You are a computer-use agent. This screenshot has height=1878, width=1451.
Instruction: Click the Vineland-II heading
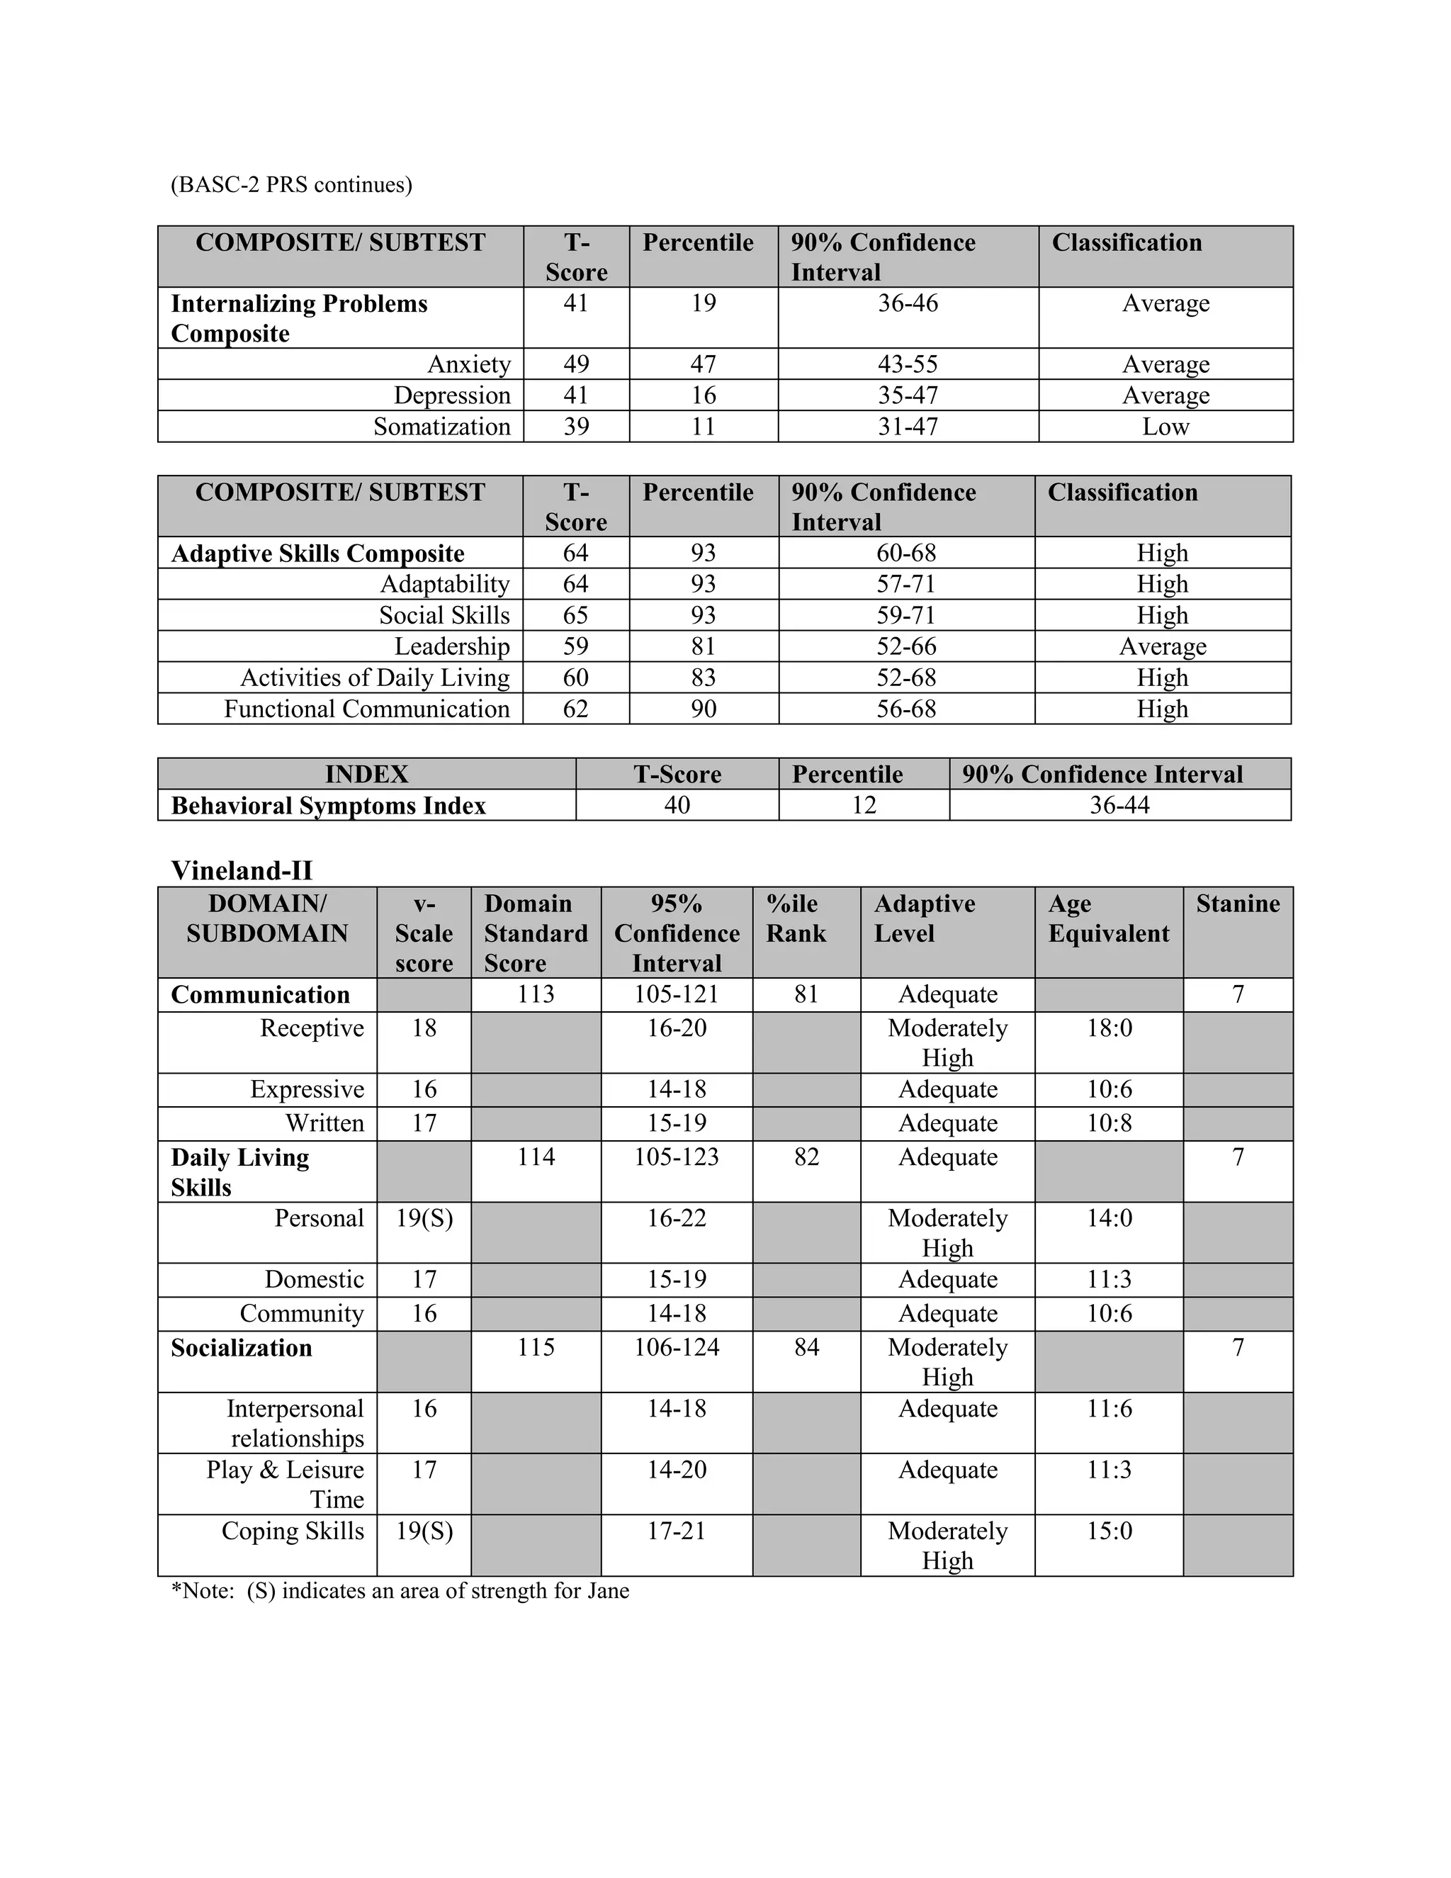(x=242, y=870)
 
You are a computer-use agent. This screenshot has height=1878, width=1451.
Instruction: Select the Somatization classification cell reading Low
(x=1165, y=427)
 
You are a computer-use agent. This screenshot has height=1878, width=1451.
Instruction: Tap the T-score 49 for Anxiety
(x=575, y=364)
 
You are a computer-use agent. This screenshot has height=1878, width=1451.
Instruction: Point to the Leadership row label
(x=451, y=646)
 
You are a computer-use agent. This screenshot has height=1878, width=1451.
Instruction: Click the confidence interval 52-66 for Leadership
(x=906, y=646)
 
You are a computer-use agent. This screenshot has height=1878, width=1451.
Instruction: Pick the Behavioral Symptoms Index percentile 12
(x=863, y=805)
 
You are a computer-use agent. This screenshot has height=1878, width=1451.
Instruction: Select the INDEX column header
(x=366, y=774)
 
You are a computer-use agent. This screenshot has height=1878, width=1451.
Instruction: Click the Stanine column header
(x=1237, y=904)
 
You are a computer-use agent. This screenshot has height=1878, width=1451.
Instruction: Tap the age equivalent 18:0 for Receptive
(x=1109, y=1028)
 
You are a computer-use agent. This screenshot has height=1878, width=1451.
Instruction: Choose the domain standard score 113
(x=536, y=994)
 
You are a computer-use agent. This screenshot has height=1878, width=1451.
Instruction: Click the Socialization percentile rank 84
(x=806, y=1346)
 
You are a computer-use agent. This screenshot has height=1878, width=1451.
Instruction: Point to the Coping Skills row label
(x=293, y=1531)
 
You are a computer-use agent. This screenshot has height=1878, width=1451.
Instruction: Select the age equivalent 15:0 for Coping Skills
(x=1109, y=1531)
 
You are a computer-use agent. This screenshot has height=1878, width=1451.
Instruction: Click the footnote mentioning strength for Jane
(x=400, y=1591)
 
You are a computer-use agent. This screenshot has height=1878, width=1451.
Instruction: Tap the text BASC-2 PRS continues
(x=291, y=185)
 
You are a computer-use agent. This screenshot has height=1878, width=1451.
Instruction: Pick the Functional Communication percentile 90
(x=703, y=709)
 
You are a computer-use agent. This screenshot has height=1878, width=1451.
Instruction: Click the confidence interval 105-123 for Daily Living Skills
(x=677, y=1157)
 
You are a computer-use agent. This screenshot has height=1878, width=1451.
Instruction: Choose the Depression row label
(x=451, y=395)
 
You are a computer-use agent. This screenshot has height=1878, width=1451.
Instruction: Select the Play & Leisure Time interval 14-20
(x=677, y=1470)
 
